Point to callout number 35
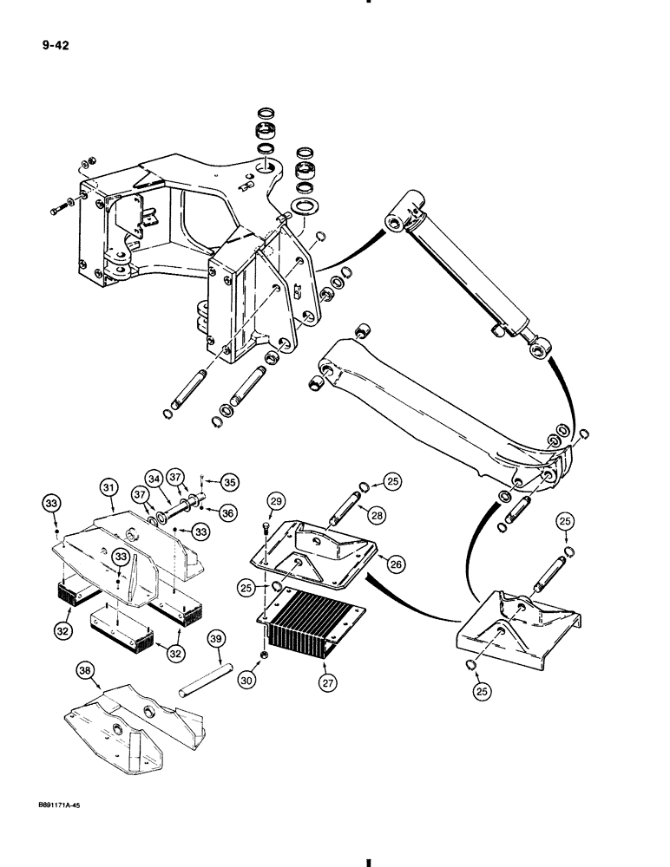pyautogui.click(x=229, y=481)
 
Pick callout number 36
pyautogui.click(x=228, y=513)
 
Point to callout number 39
pyautogui.click(x=217, y=641)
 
